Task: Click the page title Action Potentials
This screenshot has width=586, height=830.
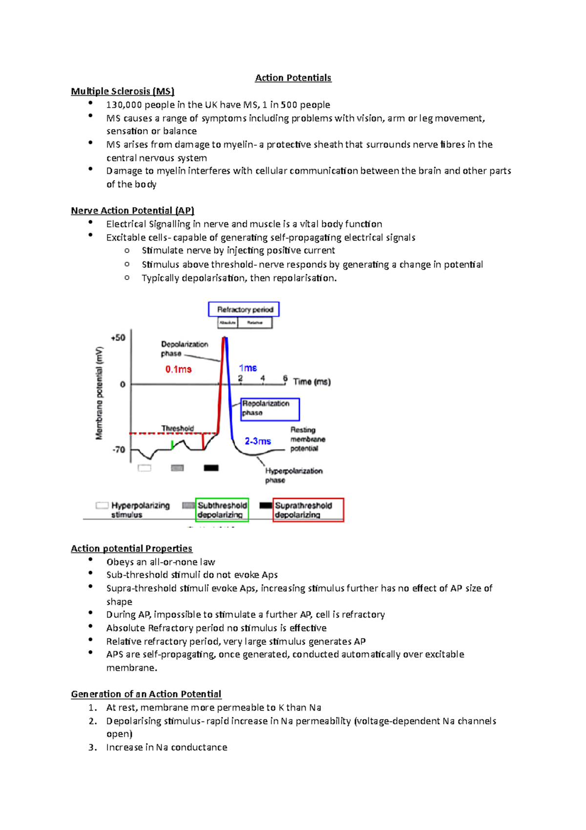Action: (x=293, y=78)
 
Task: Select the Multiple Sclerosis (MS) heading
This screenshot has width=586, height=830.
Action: (x=123, y=91)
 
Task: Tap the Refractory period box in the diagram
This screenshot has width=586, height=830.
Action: (x=244, y=309)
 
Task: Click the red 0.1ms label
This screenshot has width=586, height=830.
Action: (x=178, y=370)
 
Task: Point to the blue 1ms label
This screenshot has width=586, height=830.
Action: (x=248, y=368)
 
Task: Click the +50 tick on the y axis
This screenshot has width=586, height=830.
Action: (x=118, y=338)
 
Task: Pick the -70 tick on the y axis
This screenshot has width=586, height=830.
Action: (x=119, y=449)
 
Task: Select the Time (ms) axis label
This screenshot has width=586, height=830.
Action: (x=312, y=382)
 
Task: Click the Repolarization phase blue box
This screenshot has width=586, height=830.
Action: (x=270, y=409)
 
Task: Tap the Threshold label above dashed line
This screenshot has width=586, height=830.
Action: (x=178, y=428)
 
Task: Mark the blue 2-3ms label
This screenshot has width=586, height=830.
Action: (x=258, y=441)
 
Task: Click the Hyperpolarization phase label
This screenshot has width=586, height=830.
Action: (x=293, y=475)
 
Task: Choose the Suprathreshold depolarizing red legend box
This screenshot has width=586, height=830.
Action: (x=308, y=510)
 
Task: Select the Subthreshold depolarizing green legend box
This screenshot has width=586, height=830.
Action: (x=222, y=510)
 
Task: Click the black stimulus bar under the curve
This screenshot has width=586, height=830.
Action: (x=211, y=468)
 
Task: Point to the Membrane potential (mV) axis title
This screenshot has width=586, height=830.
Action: (x=100, y=393)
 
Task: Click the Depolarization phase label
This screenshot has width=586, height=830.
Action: (x=184, y=349)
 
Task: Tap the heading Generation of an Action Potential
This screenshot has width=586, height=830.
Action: (x=146, y=694)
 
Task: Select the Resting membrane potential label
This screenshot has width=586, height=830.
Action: (x=307, y=439)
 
